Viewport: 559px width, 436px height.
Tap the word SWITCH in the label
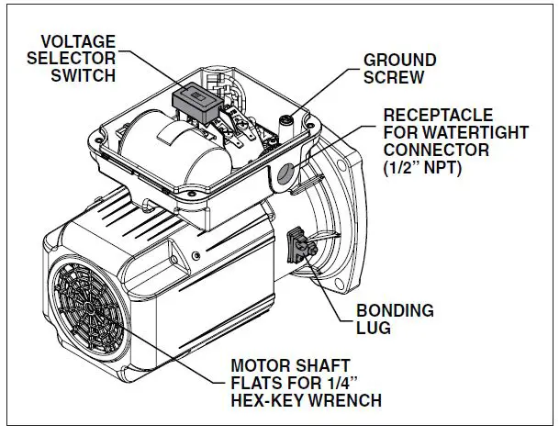(x=84, y=74)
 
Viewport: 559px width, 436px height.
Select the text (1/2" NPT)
(x=427, y=168)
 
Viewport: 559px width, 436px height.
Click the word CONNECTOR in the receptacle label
(x=431, y=151)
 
